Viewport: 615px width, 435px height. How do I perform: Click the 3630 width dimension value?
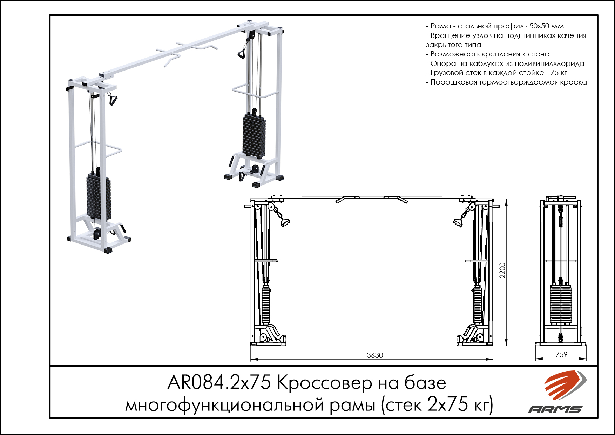375,355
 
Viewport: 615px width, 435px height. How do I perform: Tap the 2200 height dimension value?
502,270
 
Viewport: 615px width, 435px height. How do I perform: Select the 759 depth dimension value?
561,354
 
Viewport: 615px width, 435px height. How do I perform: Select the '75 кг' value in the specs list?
559,73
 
